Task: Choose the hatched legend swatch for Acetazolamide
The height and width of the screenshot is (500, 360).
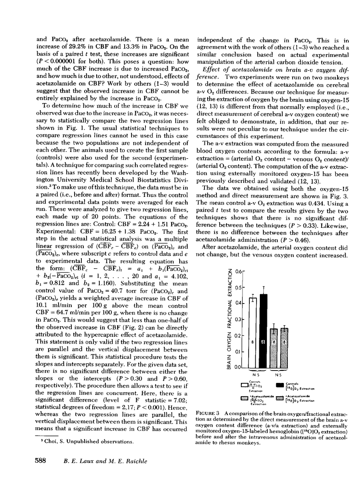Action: click(x=280, y=398)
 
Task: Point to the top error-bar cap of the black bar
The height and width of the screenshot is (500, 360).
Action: click(x=264, y=287)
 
